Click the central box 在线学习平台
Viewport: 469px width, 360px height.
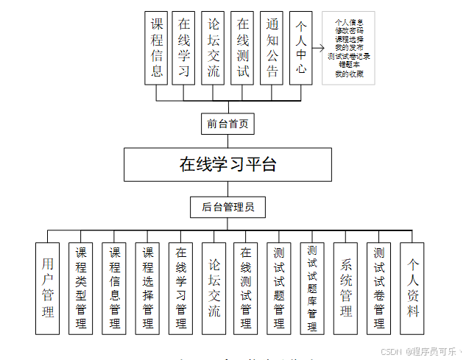(x=228, y=164)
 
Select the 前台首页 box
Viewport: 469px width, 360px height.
(x=228, y=123)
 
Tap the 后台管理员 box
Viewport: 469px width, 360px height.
(x=228, y=207)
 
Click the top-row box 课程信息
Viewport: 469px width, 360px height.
(x=156, y=47)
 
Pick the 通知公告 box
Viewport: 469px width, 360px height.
(x=272, y=47)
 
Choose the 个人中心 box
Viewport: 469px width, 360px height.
(x=300, y=47)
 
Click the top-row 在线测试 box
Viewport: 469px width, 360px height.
(x=243, y=47)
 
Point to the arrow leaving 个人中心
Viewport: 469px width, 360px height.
(x=318, y=49)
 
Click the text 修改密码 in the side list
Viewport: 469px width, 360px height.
(x=348, y=31)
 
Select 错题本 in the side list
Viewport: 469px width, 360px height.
(x=348, y=64)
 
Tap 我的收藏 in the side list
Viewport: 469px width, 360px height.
(x=348, y=73)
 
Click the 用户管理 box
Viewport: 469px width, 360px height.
(x=48, y=287)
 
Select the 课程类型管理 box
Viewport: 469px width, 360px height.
(x=81, y=287)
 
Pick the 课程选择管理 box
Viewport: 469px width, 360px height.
(x=147, y=287)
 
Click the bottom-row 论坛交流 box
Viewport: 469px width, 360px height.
(x=214, y=287)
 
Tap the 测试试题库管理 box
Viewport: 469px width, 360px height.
(x=313, y=287)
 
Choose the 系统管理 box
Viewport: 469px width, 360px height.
(x=346, y=287)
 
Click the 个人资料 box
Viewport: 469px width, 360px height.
(x=413, y=287)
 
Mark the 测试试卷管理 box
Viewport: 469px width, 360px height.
(x=379, y=287)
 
